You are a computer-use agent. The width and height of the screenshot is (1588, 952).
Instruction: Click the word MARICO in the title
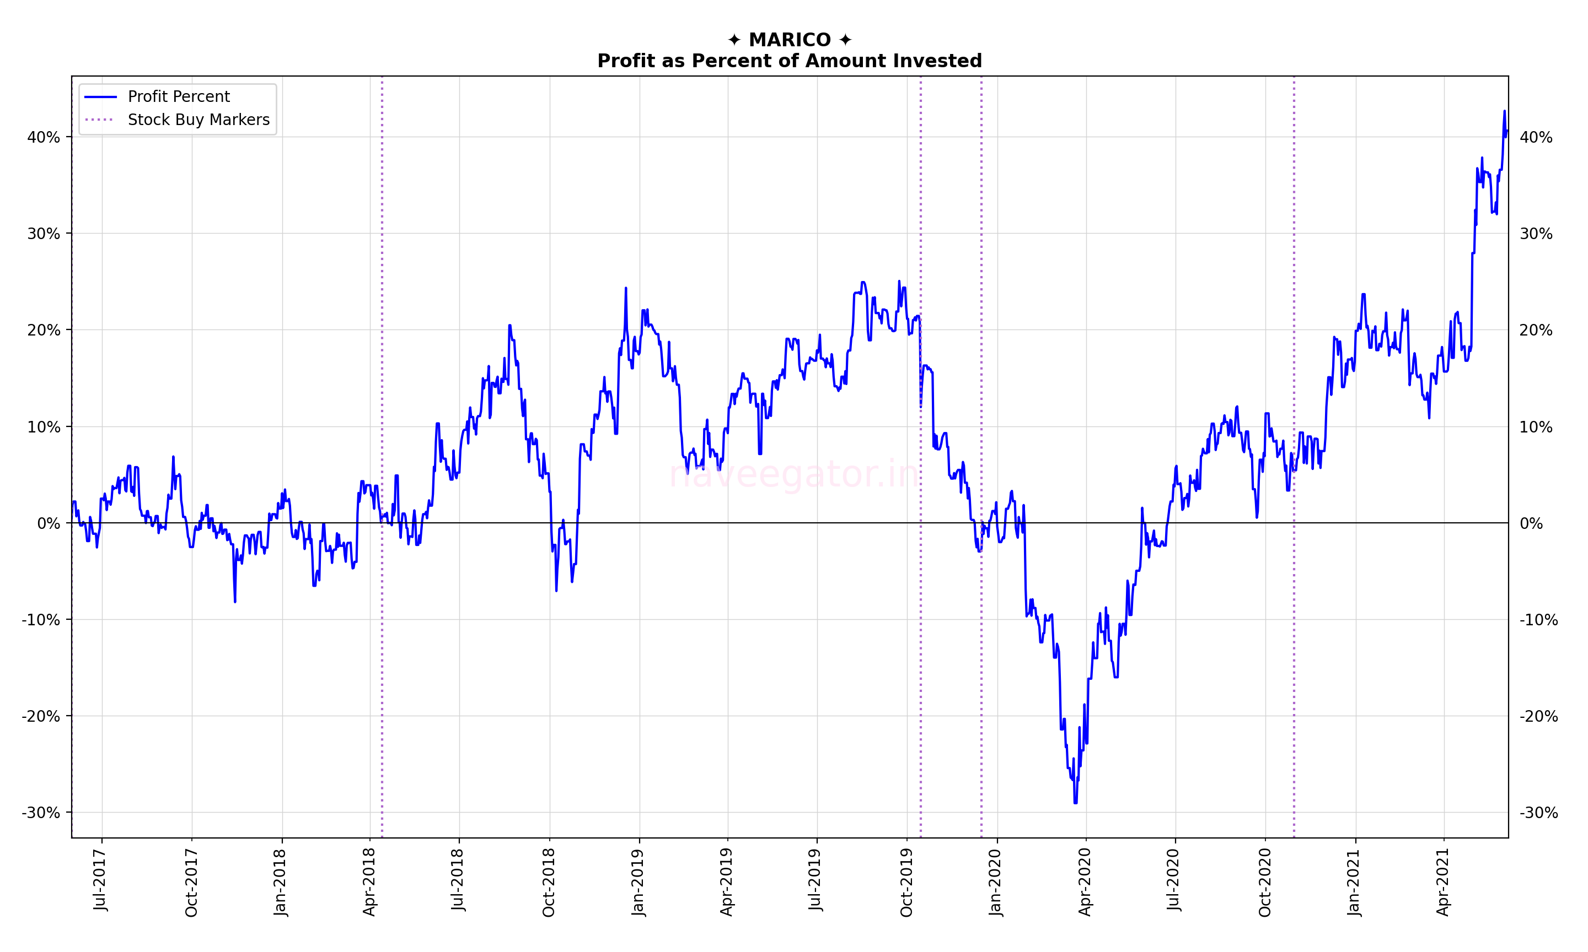coord(790,40)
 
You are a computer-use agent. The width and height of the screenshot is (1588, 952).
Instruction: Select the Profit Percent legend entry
coord(179,97)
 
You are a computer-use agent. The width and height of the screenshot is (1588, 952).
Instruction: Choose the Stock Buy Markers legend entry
coord(198,120)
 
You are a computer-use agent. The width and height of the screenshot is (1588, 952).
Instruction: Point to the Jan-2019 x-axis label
coord(638,882)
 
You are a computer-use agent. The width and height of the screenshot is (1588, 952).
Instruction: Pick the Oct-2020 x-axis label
coord(1264,882)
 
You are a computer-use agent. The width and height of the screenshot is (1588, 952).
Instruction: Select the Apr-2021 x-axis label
coord(1444,882)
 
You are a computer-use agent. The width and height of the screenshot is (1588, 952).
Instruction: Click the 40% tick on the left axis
coord(44,137)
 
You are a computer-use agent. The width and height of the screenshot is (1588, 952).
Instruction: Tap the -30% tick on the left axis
coord(41,813)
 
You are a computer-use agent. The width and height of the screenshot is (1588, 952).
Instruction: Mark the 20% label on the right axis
coord(1536,331)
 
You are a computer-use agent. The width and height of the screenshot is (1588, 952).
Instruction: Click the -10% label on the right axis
coord(1538,620)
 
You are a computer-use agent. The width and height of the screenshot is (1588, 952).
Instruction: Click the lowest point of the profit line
coord(1076,802)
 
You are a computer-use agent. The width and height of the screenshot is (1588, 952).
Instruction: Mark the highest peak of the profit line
coord(1504,112)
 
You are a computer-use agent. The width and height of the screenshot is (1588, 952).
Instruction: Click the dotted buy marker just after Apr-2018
coord(382,449)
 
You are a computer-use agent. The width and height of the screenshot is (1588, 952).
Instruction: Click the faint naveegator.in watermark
coord(793,475)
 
